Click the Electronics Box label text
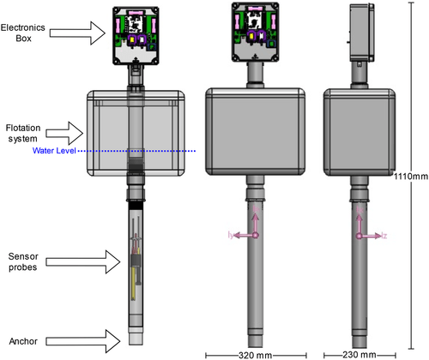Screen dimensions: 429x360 tap(23, 33)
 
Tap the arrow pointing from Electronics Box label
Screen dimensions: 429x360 tap(77, 33)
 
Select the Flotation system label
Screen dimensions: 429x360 tap(23, 133)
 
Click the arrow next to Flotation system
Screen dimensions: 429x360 tap(64, 133)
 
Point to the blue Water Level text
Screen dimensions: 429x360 tap(54, 151)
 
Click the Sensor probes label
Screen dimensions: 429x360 tap(23, 261)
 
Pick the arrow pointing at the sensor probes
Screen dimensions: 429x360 tap(83, 261)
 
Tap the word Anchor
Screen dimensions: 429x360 tap(23, 341)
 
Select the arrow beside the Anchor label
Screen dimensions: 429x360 tap(83, 341)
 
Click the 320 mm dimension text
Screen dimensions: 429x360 tap(255, 355)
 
